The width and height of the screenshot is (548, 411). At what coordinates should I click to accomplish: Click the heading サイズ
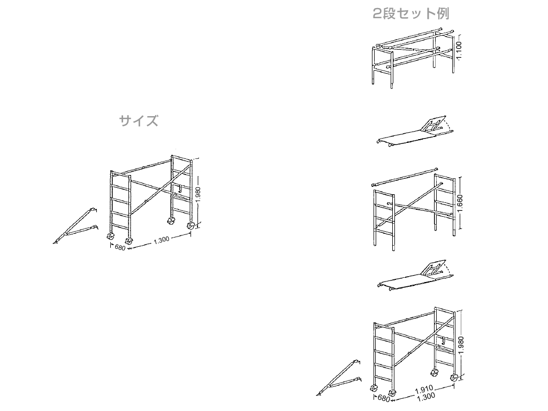point(139,121)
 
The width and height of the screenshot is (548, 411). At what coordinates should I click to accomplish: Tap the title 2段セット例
point(411,13)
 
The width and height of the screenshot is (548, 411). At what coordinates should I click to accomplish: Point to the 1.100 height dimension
point(459,50)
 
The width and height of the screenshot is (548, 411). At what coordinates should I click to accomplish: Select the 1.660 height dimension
point(460,203)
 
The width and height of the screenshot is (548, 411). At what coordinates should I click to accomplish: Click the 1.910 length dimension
point(424,389)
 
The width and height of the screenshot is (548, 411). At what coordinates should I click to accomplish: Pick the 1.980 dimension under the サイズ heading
point(198,194)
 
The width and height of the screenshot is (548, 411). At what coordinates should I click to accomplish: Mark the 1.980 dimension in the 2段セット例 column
point(461,345)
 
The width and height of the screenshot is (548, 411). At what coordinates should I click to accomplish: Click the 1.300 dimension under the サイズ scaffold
point(162,240)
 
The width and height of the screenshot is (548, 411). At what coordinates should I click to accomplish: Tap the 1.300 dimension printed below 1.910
point(426,397)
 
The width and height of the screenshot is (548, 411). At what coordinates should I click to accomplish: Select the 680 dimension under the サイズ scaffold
point(120,247)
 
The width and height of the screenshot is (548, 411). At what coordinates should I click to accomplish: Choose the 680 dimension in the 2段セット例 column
point(383,398)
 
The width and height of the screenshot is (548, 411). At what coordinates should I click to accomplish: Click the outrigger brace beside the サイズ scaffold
point(75,226)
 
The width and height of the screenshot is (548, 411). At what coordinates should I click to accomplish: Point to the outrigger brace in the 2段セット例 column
point(339,378)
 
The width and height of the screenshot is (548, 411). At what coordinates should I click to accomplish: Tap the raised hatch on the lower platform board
point(435,269)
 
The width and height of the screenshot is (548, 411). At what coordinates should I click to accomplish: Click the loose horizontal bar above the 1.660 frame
point(405,177)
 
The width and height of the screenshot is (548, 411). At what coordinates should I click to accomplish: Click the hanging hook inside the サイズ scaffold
point(179,189)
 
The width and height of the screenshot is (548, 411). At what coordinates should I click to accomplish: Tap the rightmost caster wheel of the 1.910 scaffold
point(454,378)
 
